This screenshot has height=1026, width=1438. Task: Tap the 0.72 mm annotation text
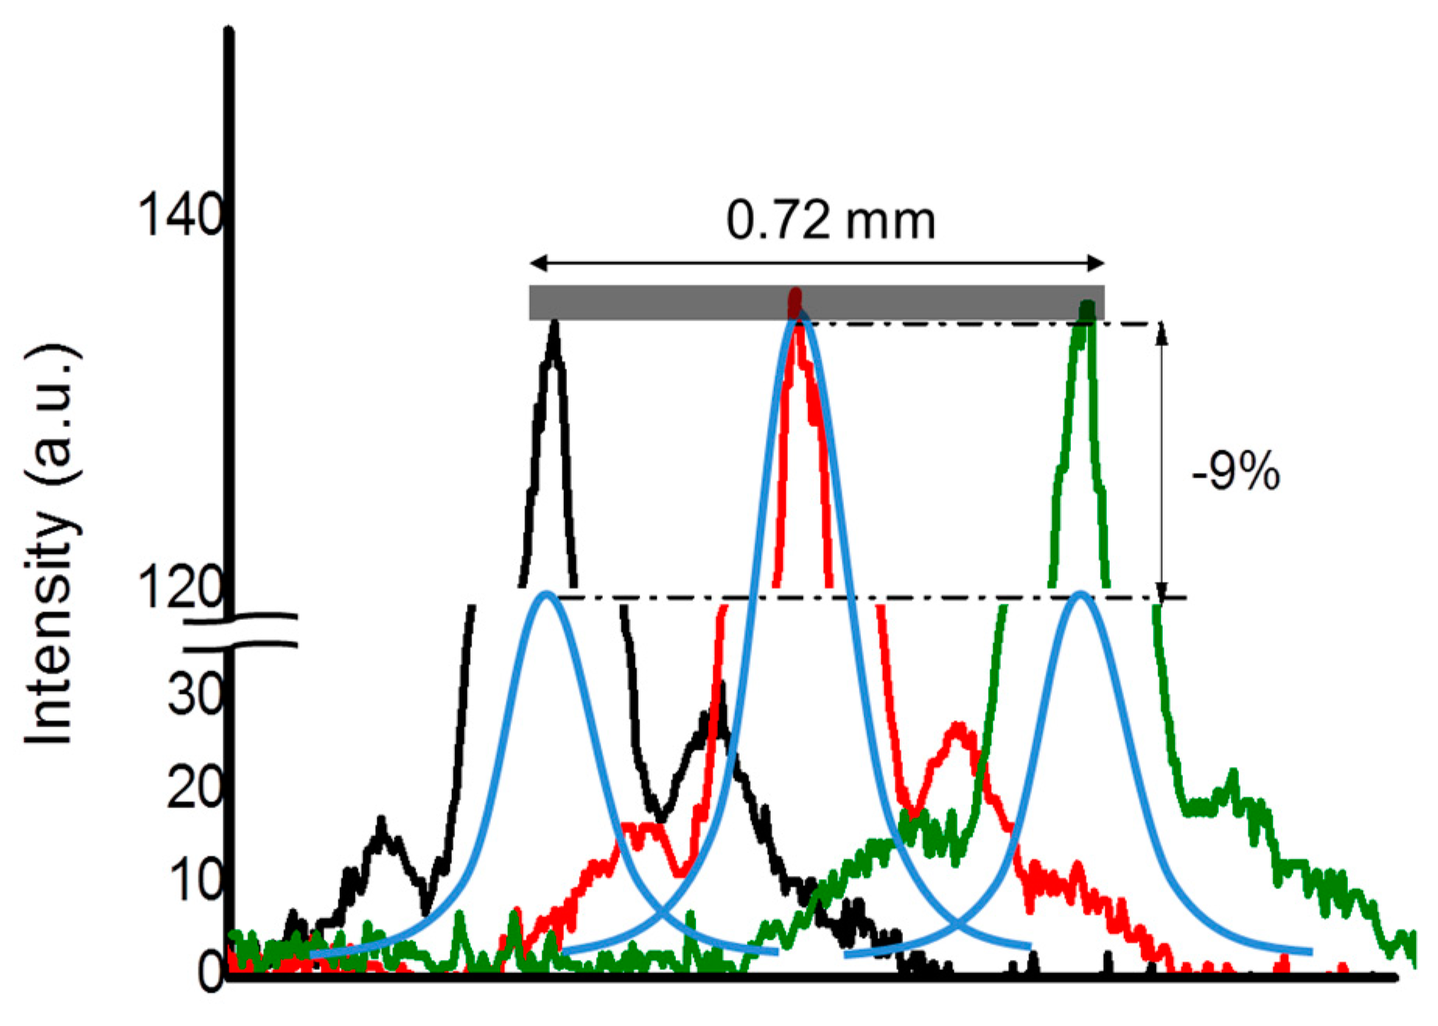coord(831,220)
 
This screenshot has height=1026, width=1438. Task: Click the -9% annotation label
coord(1235,471)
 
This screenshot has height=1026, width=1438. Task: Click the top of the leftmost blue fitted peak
coord(547,594)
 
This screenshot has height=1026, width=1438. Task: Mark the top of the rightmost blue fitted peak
coord(1079,594)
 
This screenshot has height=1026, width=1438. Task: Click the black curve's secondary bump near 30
coord(721,688)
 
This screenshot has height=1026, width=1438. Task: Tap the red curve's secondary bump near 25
coord(958,727)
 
